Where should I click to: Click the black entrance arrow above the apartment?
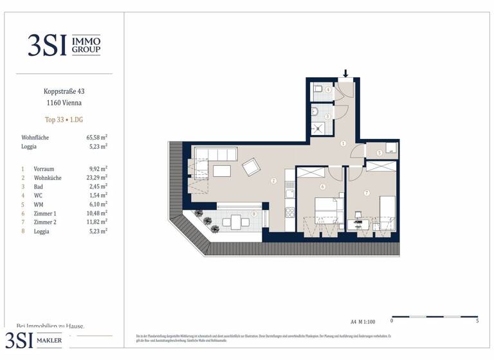346,73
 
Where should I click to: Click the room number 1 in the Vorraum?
343,143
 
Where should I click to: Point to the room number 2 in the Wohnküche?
273,181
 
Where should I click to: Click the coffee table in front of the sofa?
223,171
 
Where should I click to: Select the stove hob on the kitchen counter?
289,193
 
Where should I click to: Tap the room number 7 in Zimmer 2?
366,193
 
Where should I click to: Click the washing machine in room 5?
389,148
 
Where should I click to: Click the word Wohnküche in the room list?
48,177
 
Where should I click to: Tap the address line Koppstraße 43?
62,92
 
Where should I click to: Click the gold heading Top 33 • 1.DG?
63,120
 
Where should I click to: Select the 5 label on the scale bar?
477,321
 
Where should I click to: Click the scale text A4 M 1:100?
363,321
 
